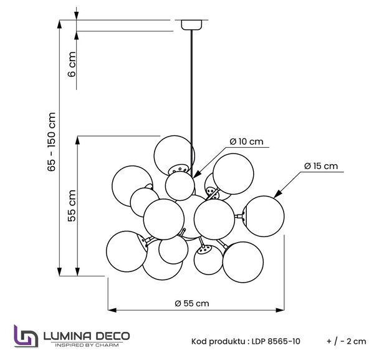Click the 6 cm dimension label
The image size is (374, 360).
pos(72,64)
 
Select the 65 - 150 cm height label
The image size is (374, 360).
pos(52,142)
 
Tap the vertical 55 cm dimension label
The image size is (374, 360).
pos(72,206)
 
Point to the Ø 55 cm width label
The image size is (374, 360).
pos(192,303)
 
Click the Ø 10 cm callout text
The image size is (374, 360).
pos(247,142)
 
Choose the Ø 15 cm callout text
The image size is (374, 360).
pos(321,166)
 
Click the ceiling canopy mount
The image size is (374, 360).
pos(191,25)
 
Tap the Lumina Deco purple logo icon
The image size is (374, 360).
pos(26,336)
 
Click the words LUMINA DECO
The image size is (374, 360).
pos(87,336)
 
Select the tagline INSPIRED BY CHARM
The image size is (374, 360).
pos(87,345)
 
